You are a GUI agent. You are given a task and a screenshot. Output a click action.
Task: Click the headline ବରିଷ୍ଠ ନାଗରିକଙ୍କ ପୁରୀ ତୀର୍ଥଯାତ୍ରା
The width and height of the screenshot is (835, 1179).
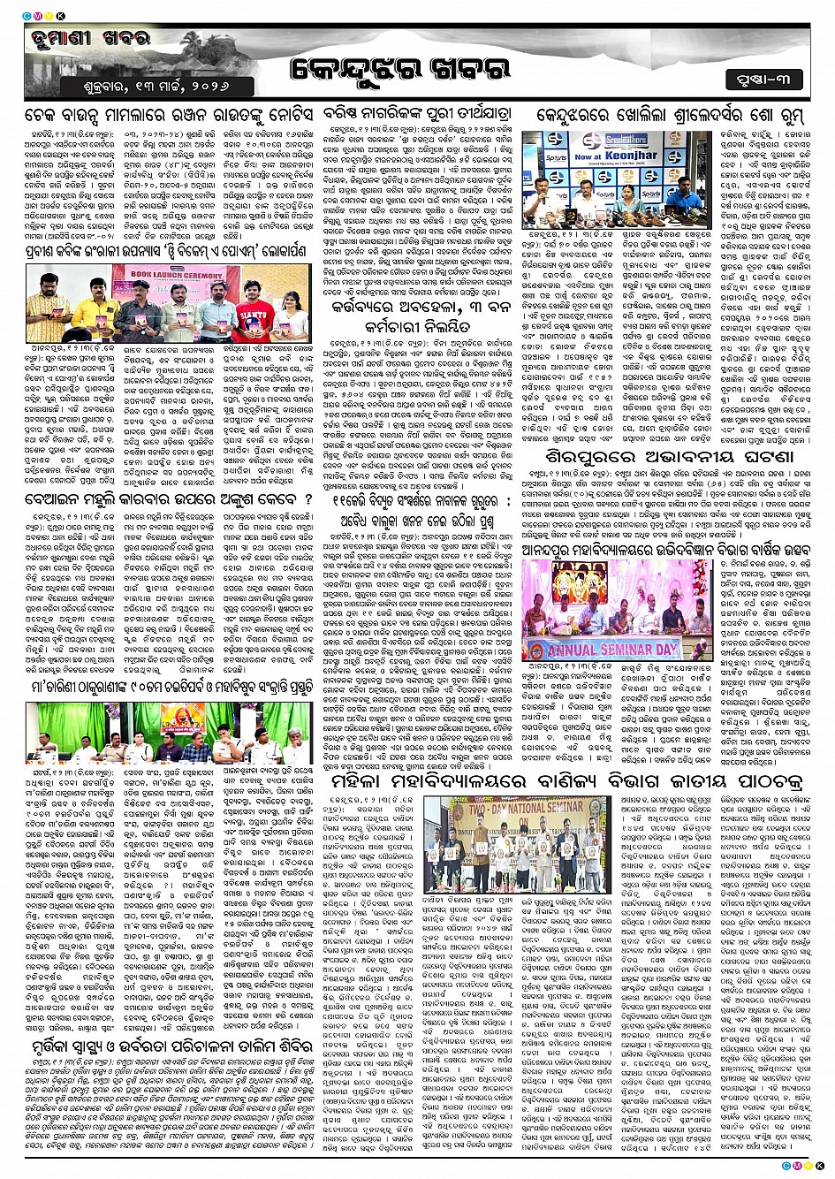coord(414,117)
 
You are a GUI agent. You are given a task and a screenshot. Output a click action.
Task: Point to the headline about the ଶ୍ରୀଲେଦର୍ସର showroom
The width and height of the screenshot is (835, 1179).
coord(671,117)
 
